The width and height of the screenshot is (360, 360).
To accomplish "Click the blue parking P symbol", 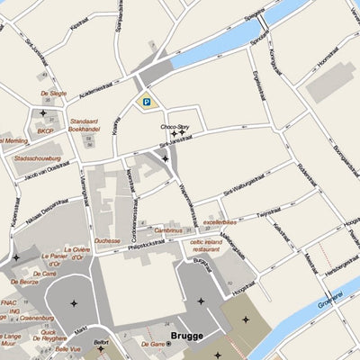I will point(144,103).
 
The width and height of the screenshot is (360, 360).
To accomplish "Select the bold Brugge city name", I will point(187,337).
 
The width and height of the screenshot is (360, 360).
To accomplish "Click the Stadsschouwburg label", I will point(37,158).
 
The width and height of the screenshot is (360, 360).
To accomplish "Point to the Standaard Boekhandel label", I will point(84,124).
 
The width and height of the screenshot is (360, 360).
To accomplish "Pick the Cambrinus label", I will point(168,230).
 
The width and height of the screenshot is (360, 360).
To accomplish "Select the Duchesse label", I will point(107,241).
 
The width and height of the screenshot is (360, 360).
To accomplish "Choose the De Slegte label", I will point(53,93).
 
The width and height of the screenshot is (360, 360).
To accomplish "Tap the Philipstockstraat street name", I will point(154,244).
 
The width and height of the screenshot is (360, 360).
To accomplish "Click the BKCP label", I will point(45,131).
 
